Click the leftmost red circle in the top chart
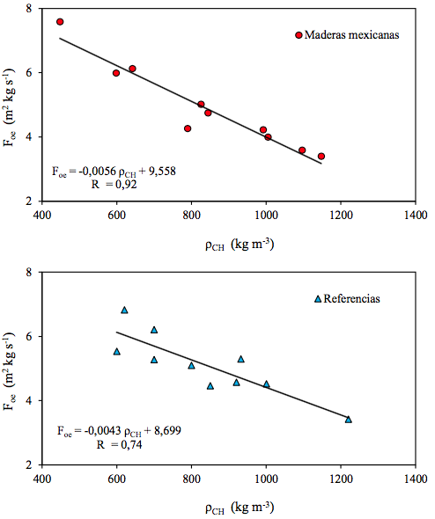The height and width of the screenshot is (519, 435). click(x=60, y=21)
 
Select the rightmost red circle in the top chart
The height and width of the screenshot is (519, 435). click(x=321, y=156)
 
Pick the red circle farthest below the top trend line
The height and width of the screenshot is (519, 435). click(x=188, y=128)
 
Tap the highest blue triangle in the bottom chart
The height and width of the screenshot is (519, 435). click(x=124, y=310)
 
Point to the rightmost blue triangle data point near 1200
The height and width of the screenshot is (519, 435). click(x=348, y=419)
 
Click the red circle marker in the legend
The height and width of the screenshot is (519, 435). click(x=299, y=35)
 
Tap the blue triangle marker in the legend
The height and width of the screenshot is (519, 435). click(x=318, y=299)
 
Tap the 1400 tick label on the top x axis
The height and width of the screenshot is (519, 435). click(x=416, y=215)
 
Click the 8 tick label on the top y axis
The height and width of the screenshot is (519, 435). click(x=30, y=9)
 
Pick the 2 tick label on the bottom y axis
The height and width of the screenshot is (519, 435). click(x=30, y=464)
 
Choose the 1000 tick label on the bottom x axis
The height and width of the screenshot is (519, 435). click(x=266, y=479)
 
